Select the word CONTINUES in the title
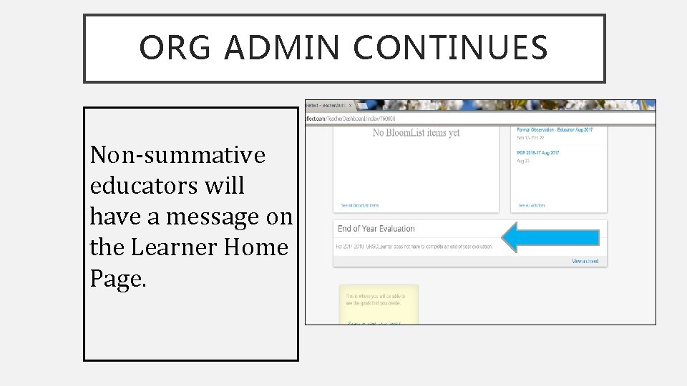coord(450,48)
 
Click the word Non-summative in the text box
coord(177,154)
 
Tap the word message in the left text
coord(218,216)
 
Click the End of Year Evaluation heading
coord(376,229)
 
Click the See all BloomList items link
coord(360,206)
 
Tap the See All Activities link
coord(532,206)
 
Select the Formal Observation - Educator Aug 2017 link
coord(555,130)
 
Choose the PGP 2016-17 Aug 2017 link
coord(539,153)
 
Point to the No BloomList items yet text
coord(416,132)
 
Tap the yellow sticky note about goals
coord(378,304)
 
